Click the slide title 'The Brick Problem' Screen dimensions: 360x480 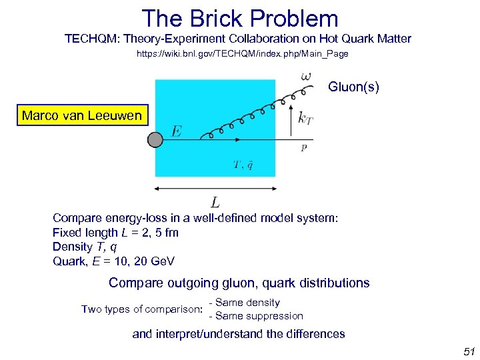tap(240, 18)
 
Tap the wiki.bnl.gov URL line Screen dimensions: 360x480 tap(242, 53)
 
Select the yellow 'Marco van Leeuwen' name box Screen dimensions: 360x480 tap(82, 115)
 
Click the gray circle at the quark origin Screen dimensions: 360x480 tap(155, 139)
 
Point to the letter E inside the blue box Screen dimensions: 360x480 tap(176, 131)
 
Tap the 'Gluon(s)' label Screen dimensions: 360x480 tap(353, 87)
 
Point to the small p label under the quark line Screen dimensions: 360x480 tap(304, 148)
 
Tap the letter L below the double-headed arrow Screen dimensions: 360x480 tap(215, 202)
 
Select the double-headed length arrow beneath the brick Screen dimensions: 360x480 tap(215, 189)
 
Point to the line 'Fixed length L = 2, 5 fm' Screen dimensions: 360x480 tap(115, 233)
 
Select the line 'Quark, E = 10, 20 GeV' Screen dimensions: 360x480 tap(113, 261)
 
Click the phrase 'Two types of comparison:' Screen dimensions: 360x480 tap(142, 309)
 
